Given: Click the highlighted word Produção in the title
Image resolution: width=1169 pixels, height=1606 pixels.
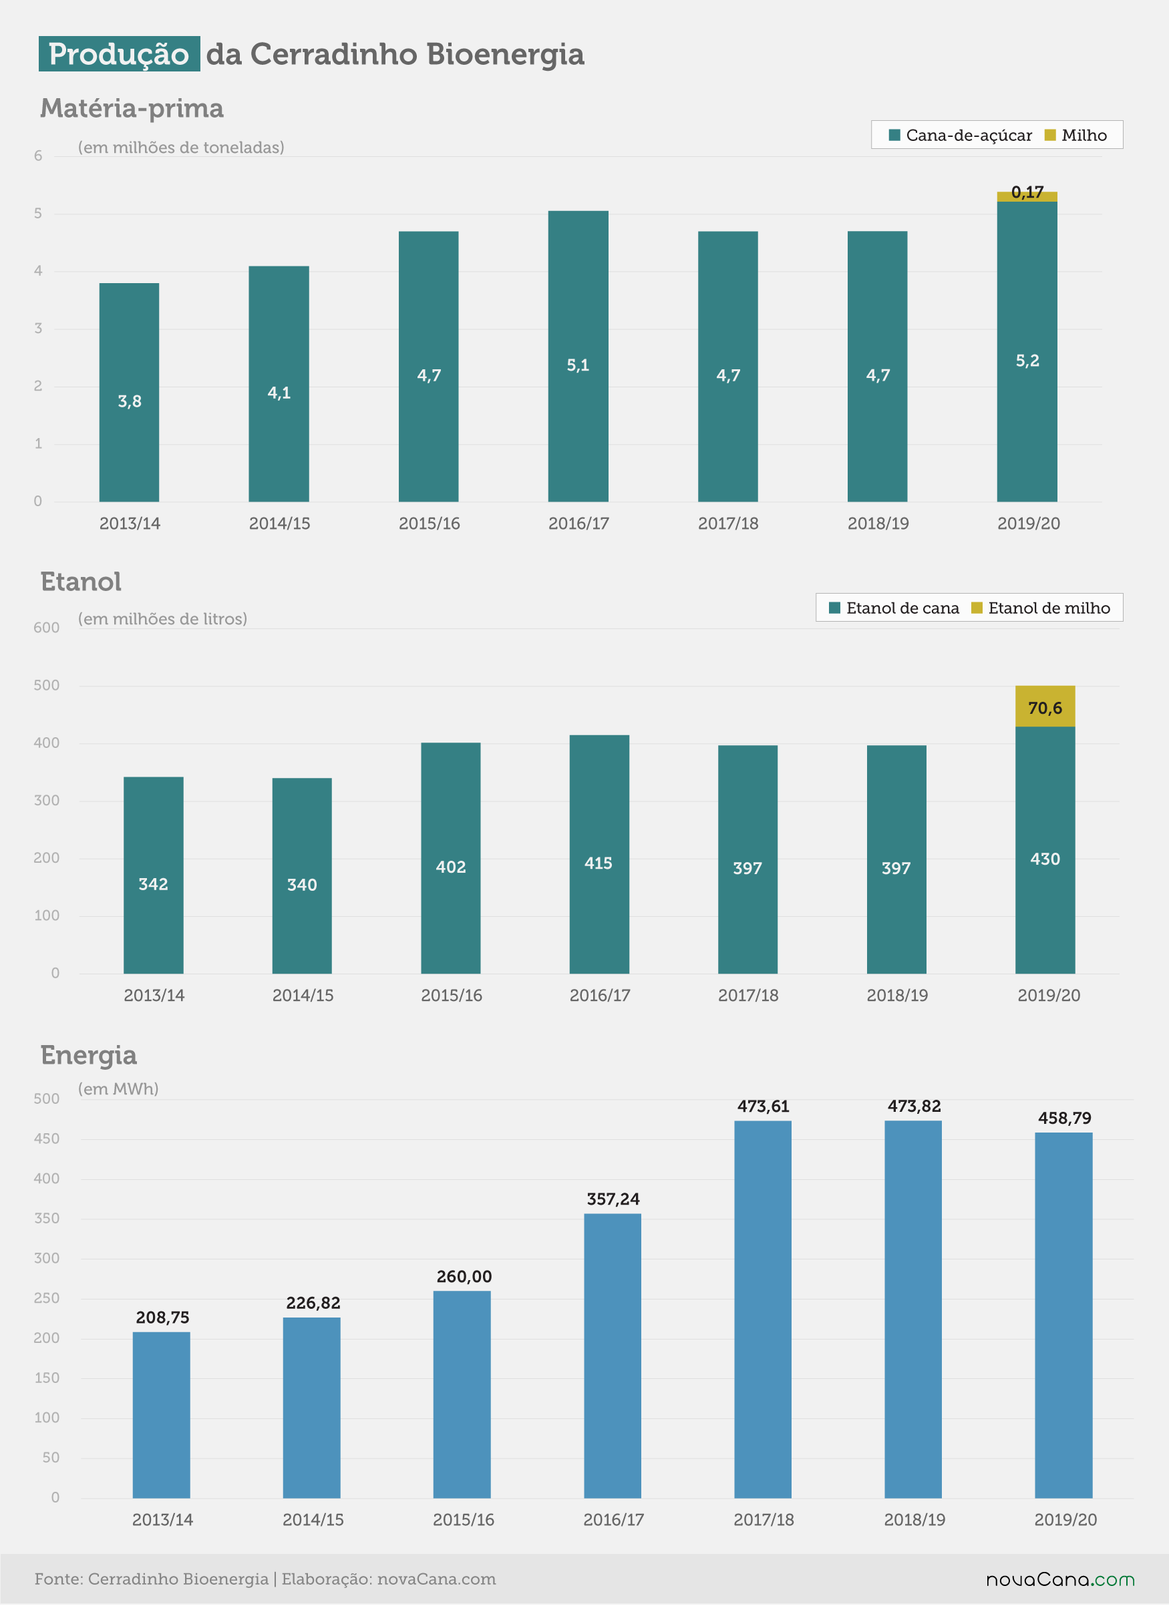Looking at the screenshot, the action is coord(119,54).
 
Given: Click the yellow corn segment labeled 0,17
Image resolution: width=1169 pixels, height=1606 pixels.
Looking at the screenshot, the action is coord(1027,197).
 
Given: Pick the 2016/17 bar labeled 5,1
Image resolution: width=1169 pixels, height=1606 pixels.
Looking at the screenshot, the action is coord(578,356).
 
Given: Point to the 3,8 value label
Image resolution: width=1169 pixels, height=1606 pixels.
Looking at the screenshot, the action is coord(130,401).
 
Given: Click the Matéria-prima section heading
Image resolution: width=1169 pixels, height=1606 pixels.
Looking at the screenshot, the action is coord(132,108).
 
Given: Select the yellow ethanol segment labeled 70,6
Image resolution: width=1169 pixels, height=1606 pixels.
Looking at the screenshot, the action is coord(1045,706).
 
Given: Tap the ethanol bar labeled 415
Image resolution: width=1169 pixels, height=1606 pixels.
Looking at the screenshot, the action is coord(599,854).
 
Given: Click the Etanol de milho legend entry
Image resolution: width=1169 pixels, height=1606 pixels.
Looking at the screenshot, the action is coord(1040,608).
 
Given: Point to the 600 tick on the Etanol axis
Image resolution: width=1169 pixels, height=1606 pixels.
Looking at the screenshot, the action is coord(47,628).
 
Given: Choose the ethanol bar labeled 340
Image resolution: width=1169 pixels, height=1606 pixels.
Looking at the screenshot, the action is coord(302,876).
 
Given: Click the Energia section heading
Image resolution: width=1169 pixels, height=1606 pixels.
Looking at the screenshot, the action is coord(89,1055).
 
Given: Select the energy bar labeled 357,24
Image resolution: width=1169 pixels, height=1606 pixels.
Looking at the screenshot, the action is coord(612,1356).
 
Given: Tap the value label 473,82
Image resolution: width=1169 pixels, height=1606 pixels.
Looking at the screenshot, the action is coord(914,1106).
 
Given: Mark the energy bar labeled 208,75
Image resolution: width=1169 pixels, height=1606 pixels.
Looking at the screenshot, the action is coord(162,1415).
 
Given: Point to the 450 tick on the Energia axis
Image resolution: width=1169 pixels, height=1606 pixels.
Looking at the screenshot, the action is coord(47,1139).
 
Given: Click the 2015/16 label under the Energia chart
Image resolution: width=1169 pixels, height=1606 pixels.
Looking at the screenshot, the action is coord(464,1520).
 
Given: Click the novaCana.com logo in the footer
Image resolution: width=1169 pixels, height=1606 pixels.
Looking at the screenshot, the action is coord(1061,1580).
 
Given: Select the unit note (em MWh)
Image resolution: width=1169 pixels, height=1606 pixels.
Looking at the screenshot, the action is coord(118,1089).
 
